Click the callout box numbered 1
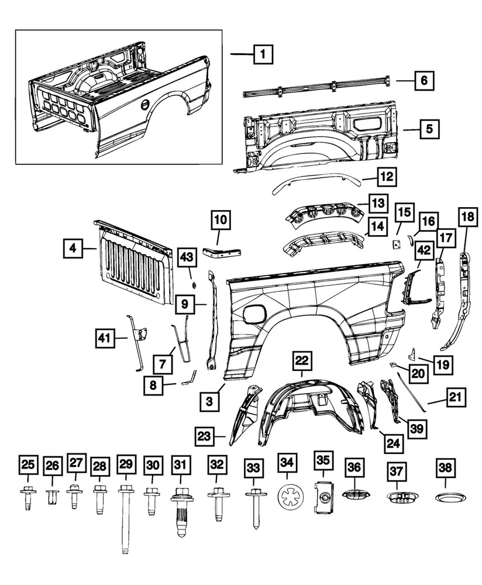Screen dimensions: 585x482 click(x=263, y=56)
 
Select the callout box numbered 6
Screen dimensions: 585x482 click(x=425, y=81)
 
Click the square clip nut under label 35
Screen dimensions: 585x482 click(x=323, y=498)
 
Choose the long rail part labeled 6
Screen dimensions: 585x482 click(x=316, y=86)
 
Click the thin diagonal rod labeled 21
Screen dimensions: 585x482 click(x=412, y=388)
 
